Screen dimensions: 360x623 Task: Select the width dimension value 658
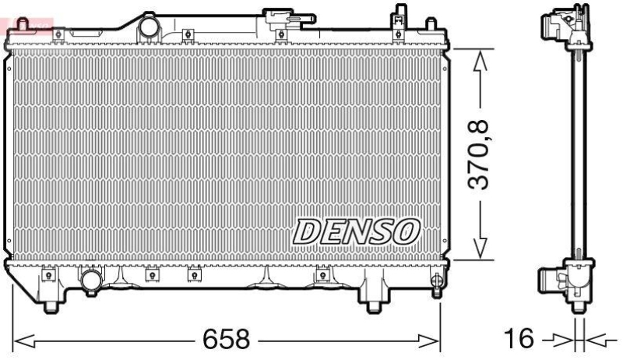coord(227,339)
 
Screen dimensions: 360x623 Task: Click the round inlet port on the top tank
coord(148,29)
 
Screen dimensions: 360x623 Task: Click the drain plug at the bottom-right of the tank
coord(435,280)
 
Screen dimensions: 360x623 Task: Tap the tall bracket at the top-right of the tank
coord(398,19)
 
